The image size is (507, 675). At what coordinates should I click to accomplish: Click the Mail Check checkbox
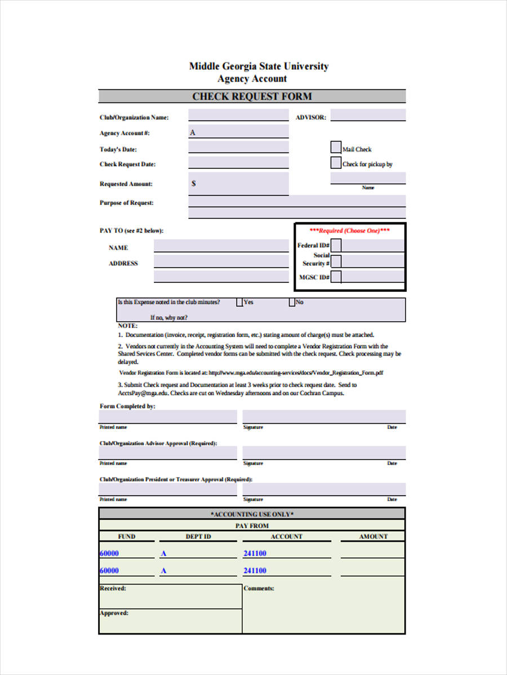pos(335,147)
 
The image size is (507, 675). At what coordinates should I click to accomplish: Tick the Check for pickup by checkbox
pos(335,163)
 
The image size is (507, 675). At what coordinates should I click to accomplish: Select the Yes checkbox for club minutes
pos(239,302)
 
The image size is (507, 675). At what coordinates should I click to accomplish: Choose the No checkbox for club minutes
pos(292,302)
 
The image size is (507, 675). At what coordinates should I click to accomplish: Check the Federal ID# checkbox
pos(336,245)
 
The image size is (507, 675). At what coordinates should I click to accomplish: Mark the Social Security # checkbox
pos(336,261)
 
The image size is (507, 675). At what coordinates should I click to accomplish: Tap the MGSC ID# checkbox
pos(336,277)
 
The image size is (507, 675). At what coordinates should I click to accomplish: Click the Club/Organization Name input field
pos(238,115)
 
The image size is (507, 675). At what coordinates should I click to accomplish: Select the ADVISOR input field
pos(368,115)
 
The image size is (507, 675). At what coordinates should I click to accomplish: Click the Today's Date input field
pos(238,147)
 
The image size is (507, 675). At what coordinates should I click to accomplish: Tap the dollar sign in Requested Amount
pos(194,183)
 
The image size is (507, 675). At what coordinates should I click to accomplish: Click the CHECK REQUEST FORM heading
pos(252,96)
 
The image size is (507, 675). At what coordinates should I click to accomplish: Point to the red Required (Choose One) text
pos(349,231)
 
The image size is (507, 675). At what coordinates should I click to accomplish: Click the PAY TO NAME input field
pos(221,246)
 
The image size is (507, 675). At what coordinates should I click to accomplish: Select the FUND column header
pos(126,537)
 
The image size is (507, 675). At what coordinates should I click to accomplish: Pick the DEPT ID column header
pos(198,537)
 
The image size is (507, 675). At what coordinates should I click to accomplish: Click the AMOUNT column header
pos(373,537)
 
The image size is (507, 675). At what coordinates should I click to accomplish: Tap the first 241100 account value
pos(255,553)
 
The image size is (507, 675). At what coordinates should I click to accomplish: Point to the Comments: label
pos(259,588)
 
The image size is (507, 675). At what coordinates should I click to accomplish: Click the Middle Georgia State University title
pos(259,66)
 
